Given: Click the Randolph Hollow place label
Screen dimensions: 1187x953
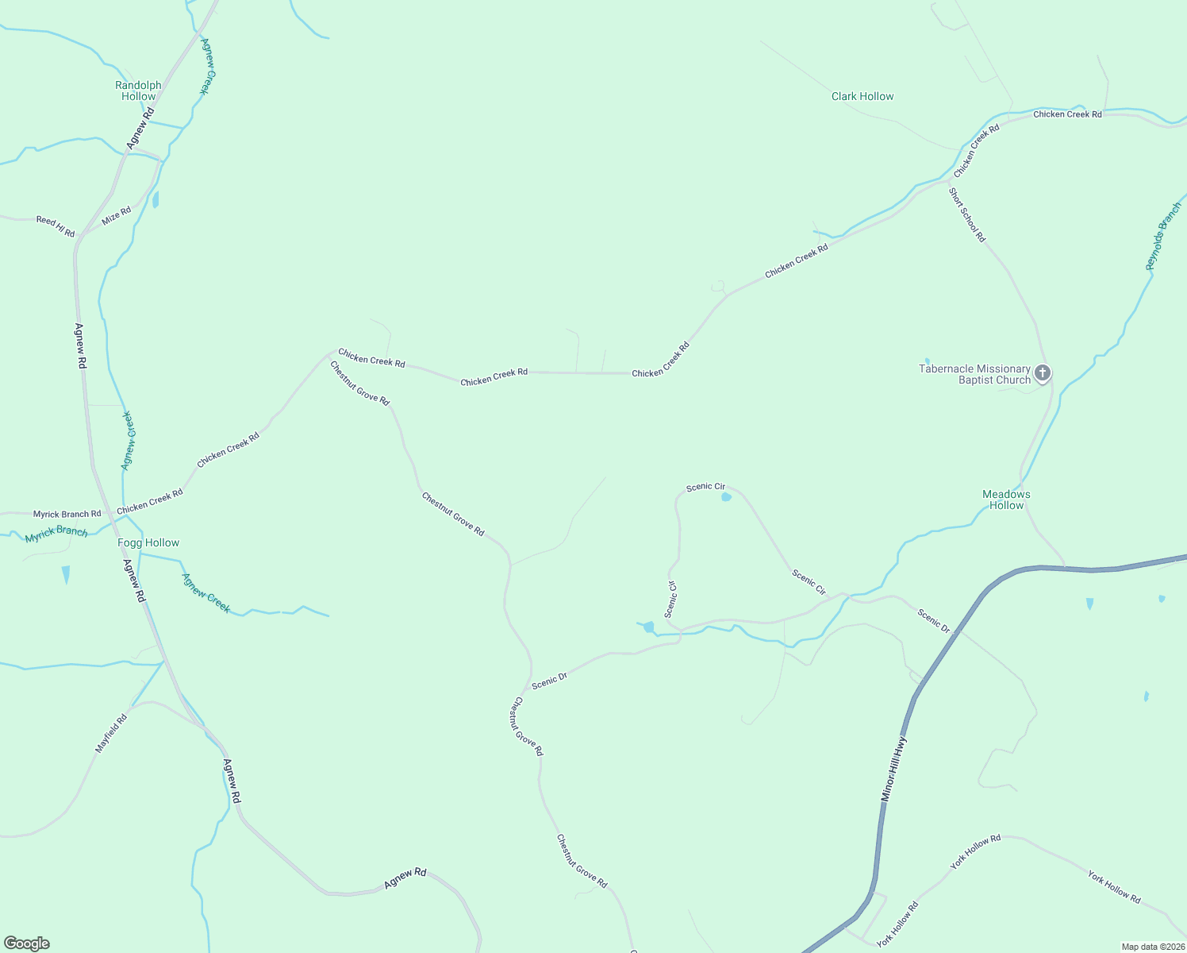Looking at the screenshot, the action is coord(138,91).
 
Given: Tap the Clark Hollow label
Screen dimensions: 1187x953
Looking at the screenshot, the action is coord(862,96).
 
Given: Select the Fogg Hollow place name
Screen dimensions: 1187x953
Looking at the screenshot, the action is coord(148,542).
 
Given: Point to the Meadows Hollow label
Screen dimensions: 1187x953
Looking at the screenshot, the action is coord(1006,500).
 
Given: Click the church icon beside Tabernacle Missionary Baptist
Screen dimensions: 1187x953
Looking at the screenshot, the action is coord(1043,373).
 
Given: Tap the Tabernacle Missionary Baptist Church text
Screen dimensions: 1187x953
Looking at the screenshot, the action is coord(974,374).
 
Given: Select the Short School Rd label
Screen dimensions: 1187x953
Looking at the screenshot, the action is coord(967,214).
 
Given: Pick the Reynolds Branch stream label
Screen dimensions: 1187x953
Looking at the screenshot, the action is coord(1164,236).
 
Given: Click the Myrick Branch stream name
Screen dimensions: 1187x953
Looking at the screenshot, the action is coord(56,534).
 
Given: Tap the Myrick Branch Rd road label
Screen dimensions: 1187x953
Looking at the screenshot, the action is coord(67,514).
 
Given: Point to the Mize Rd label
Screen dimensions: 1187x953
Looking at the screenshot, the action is coord(116,215).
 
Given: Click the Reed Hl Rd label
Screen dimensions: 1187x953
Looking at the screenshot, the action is coord(56,226).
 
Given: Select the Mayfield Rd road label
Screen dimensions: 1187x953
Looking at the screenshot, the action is coord(111,733).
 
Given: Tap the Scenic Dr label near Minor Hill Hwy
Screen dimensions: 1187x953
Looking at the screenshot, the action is coord(934,619).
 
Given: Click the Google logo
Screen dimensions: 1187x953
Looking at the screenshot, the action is coord(27,943).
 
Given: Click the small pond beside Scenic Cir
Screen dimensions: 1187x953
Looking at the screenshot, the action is coord(726,498).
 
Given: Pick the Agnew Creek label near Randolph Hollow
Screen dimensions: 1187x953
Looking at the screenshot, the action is coord(205,67).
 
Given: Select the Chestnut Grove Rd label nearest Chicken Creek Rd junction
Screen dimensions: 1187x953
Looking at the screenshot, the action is coord(360,384).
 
